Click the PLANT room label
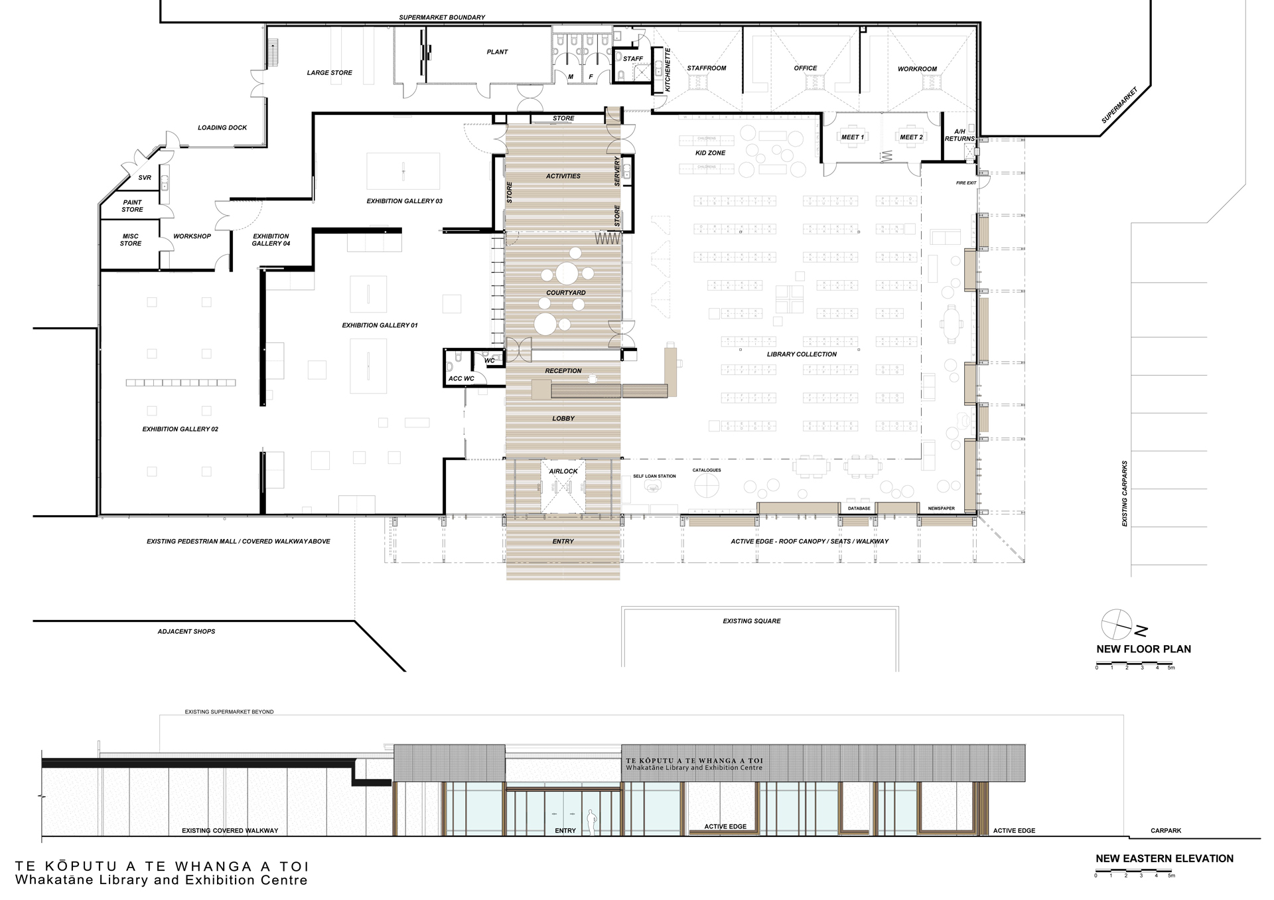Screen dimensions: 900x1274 click(497, 52)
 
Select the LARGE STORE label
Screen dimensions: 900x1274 click(329, 73)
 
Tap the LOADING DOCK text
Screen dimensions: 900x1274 click(222, 127)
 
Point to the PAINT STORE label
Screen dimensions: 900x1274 click(132, 206)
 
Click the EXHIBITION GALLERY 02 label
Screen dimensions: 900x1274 click(180, 429)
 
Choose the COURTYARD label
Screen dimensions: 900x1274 click(565, 293)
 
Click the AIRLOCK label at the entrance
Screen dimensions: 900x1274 click(563, 471)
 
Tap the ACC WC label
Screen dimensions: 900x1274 click(461, 379)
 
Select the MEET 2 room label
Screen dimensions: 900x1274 click(911, 137)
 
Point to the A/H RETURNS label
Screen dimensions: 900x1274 click(959, 135)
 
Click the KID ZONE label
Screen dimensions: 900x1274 click(710, 153)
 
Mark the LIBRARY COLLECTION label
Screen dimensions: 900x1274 click(802, 354)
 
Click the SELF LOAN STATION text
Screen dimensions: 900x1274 click(654, 477)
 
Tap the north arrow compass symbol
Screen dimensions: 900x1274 click(1117, 623)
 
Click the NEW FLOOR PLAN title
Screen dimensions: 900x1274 click(1143, 649)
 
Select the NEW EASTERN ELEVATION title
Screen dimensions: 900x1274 click(1164, 858)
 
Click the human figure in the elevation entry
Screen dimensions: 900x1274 click(591, 822)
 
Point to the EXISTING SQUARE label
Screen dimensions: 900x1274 click(751, 621)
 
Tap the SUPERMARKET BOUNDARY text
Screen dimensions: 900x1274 click(442, 17)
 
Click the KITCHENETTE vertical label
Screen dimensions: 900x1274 click(668, 70)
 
